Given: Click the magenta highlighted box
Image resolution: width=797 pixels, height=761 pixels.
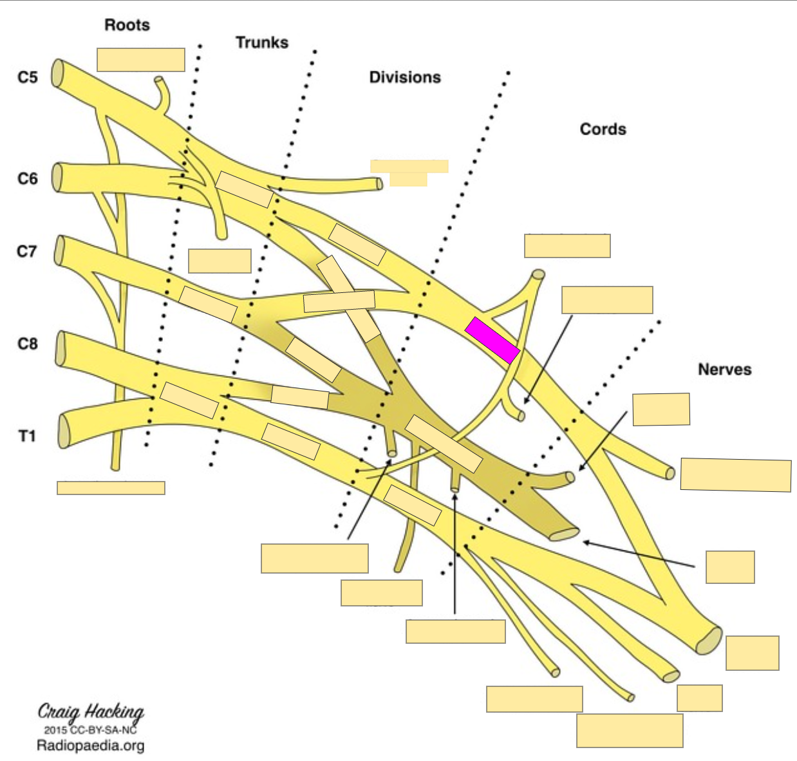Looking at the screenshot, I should click(492, 340).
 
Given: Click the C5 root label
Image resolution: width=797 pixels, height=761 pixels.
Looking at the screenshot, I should click(28, 77).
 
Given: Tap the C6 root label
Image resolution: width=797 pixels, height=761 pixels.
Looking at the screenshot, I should click(28, 178).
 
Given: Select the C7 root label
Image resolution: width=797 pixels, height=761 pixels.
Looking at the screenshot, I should click(27, 251).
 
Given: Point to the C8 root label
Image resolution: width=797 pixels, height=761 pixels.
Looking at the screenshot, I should click(28, 344).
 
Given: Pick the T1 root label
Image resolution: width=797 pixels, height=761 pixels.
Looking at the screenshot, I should click(27, 437).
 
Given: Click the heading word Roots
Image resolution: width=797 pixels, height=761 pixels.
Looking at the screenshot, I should click(127, 25).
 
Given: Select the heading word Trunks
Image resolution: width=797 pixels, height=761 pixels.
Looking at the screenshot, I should click(261, 42).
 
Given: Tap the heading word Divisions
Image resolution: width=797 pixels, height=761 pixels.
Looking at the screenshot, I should click(405, 77).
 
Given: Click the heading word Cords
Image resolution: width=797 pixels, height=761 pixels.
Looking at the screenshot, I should click(603, 129).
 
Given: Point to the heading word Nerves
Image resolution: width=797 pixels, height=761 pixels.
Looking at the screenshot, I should click(724, 370).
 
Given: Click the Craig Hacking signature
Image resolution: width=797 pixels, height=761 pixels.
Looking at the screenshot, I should click(91, 711).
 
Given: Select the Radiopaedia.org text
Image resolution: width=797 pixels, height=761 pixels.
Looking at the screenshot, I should click(90, 746).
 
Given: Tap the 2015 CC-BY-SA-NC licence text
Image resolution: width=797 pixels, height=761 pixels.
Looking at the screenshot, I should click(90, 729).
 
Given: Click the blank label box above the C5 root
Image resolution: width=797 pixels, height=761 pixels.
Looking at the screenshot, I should click(141, 59).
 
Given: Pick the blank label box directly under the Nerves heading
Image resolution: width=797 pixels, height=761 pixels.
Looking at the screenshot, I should click(661, 409).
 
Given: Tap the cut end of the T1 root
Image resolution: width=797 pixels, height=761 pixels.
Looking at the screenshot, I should click(64, 431).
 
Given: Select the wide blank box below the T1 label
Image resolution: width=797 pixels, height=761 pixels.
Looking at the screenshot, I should click(111, 487).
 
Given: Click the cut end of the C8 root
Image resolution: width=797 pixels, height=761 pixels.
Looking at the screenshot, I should click(61, 348).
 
